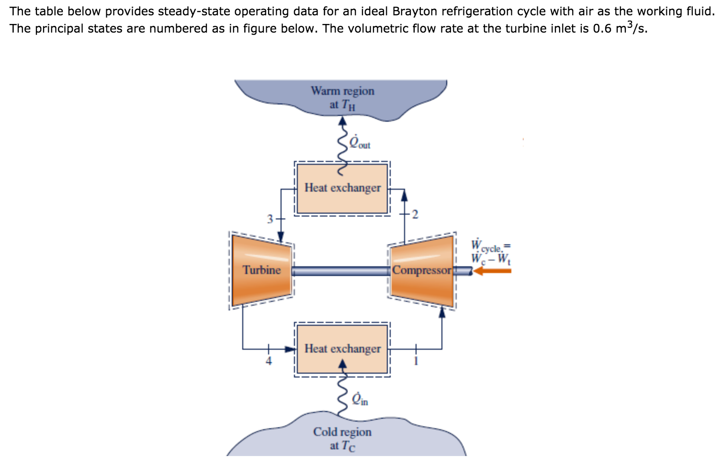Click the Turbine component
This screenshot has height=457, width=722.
coord(261,270)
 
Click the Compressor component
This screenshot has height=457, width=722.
coord(421,270)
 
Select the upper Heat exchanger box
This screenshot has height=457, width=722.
coord(342,188)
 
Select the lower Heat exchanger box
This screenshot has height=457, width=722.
coord(342,349)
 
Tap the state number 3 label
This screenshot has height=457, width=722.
coord(270,219)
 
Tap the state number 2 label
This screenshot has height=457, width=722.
coord(415,214)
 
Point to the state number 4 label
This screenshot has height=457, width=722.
coord(269,361)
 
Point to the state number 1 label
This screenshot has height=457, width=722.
coord(416,361)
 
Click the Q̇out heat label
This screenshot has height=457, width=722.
coord(360,142)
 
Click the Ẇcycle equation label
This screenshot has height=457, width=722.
coord(491,251)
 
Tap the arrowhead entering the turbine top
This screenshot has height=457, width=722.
coord(281,237)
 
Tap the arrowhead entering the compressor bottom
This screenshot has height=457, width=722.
coord(442,312)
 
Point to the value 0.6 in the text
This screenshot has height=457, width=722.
coord(602,28)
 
